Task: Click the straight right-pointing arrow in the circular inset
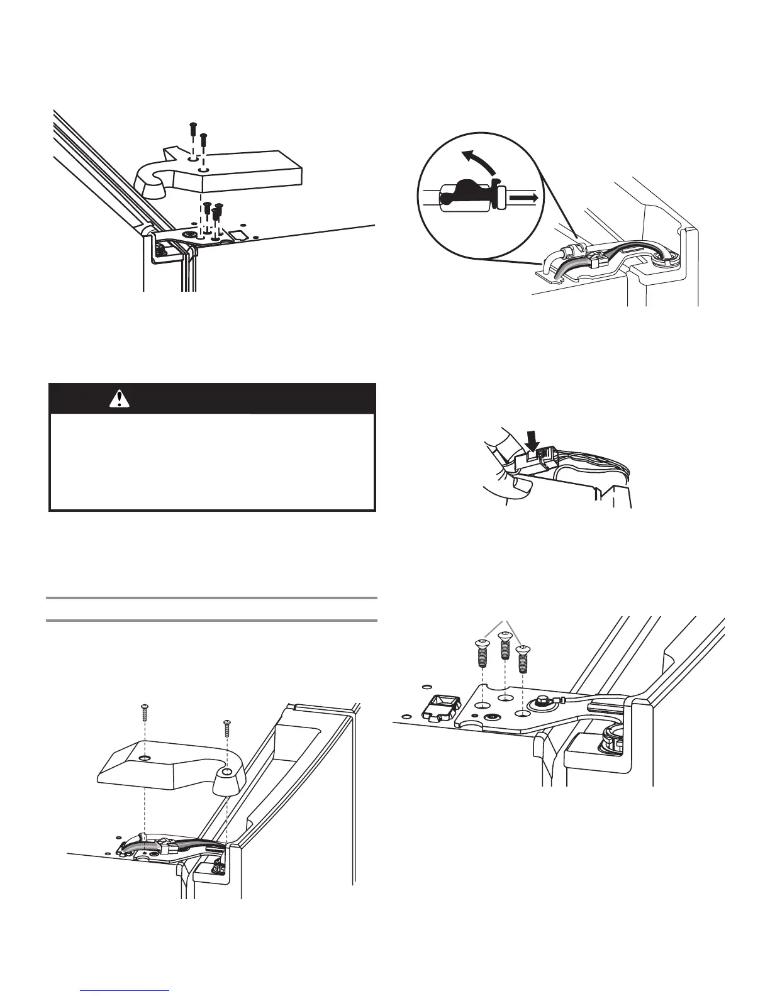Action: coord(524,198)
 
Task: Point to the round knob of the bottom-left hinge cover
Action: coord(226,780)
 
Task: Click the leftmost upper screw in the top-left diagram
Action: coord(191,131)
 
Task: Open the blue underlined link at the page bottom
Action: coord(126,990)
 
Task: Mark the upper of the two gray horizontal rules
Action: coord(213,597)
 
